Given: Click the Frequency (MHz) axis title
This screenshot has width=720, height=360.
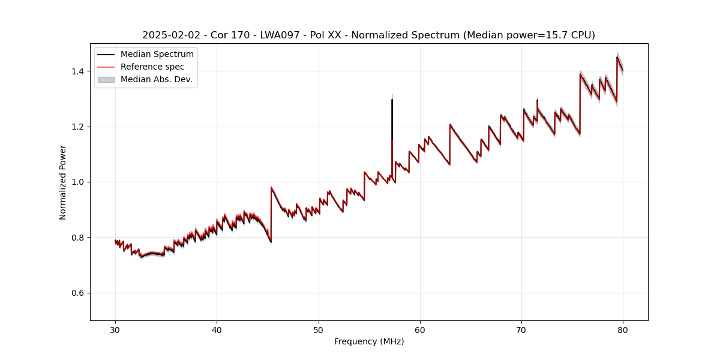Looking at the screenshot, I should pyautogui.click(x=369, y=341).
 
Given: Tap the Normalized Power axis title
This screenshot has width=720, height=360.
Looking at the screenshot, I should pyautogui.click(x=63, y=182).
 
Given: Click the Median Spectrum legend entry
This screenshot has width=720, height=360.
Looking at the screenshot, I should pyautogui.click(x=157, y=55).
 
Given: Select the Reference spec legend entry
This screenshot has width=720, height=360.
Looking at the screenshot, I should pyautogui.click(x=152, y=67).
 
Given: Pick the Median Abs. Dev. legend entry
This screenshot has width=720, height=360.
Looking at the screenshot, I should pyautogui.click(x=156, y=79).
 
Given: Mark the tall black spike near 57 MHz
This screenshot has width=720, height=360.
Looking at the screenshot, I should pyautogui.click(x=392, y=120).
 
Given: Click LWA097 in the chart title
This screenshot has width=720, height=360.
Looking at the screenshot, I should pyautogui.click(x=280, y=35).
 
